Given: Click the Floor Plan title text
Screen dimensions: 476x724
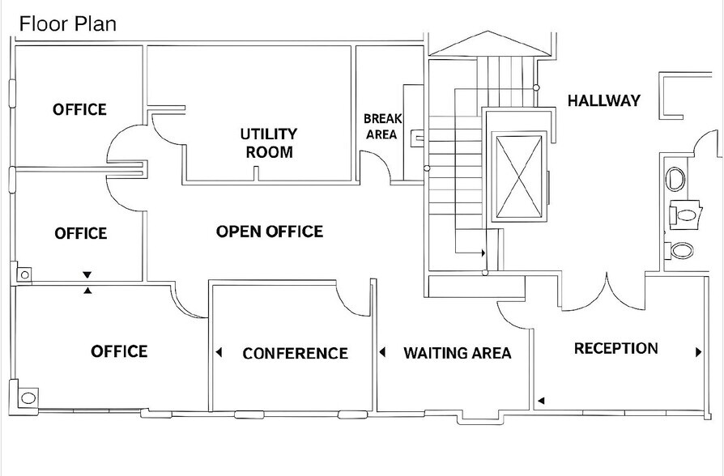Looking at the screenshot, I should click(x=68, y=23).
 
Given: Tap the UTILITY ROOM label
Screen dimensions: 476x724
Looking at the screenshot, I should click(x=269, y=142).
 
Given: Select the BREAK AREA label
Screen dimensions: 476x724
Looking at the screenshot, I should click(x=381, y=126).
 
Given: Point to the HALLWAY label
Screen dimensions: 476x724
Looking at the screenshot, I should click(x=603, y=101).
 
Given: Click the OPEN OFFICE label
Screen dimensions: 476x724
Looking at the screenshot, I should click(x=269, y=232).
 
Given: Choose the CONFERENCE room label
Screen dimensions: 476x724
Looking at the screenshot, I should click(x=295, y=354).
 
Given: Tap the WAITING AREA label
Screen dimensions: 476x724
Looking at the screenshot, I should click(x=458, y=353).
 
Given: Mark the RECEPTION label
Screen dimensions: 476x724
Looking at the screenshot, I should click(x=615, y=349).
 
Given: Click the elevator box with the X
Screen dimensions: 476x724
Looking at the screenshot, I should click(x=518, y=176).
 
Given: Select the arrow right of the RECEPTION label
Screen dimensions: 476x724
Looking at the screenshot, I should click(x=698, y=352).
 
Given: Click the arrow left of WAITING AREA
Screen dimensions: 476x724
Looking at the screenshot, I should click(x=382, y=352).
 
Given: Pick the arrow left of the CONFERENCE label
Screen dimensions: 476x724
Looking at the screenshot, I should click(x=219, y=352).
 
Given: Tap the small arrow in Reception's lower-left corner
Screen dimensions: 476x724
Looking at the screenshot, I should click(x=541, y=400).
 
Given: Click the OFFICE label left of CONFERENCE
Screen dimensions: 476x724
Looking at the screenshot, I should click(x=119, y=351).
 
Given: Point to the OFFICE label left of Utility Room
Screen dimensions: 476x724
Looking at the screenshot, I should click(x=79, y=109).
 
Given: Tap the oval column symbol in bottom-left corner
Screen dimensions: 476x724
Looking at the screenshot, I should click(x=28, y=397).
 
